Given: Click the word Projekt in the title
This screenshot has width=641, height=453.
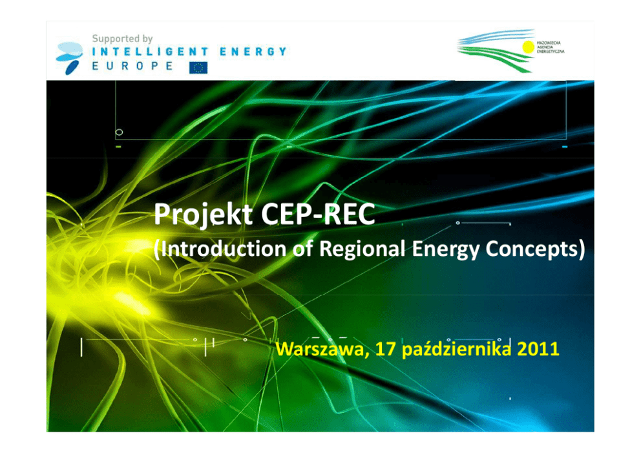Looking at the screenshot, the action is pos(203,215).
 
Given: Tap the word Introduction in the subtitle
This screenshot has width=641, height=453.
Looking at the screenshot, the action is pos(223,249).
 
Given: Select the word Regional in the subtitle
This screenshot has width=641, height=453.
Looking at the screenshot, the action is pos(362,249).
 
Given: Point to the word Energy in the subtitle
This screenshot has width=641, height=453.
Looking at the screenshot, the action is pos(445,249).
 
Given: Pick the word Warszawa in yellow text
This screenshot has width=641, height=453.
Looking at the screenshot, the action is pos(322,349).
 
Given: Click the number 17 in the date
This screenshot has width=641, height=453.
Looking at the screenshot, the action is pos(385,349).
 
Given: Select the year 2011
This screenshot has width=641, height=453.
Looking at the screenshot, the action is pos(538,349).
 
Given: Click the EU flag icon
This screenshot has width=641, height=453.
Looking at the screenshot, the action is pos(198,67).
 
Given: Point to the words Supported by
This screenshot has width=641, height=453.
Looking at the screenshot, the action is pos(122,39).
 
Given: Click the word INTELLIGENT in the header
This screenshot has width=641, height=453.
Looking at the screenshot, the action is pos(150,52).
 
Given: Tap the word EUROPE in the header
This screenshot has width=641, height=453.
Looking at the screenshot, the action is pos(132,66).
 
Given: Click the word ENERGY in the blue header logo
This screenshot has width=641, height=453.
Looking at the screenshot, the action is pos(253,52).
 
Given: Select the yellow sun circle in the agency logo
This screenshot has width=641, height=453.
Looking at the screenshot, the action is pos(528,47).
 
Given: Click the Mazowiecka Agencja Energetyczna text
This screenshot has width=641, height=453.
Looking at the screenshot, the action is pos(551,47).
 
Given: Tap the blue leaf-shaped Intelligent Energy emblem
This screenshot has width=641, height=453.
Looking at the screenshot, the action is pos(70,58).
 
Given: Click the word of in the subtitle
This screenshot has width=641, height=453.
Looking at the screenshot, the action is pos(302,249).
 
